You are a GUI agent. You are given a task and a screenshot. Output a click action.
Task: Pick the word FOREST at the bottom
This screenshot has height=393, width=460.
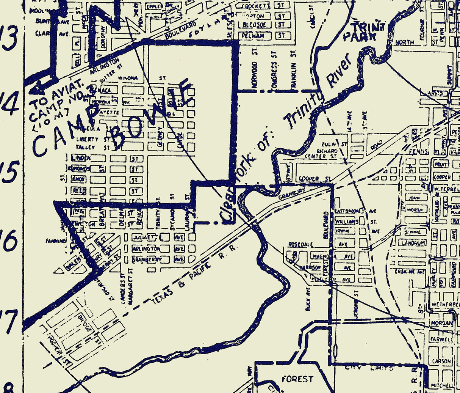[x=297, y=379]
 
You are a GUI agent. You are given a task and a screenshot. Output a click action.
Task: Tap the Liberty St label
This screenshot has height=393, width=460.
[x=88, y=139]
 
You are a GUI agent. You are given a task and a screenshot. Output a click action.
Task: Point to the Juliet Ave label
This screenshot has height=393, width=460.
[x=144, y=237]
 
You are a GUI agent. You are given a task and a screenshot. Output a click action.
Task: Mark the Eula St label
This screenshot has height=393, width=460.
[x=329, y=145]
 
